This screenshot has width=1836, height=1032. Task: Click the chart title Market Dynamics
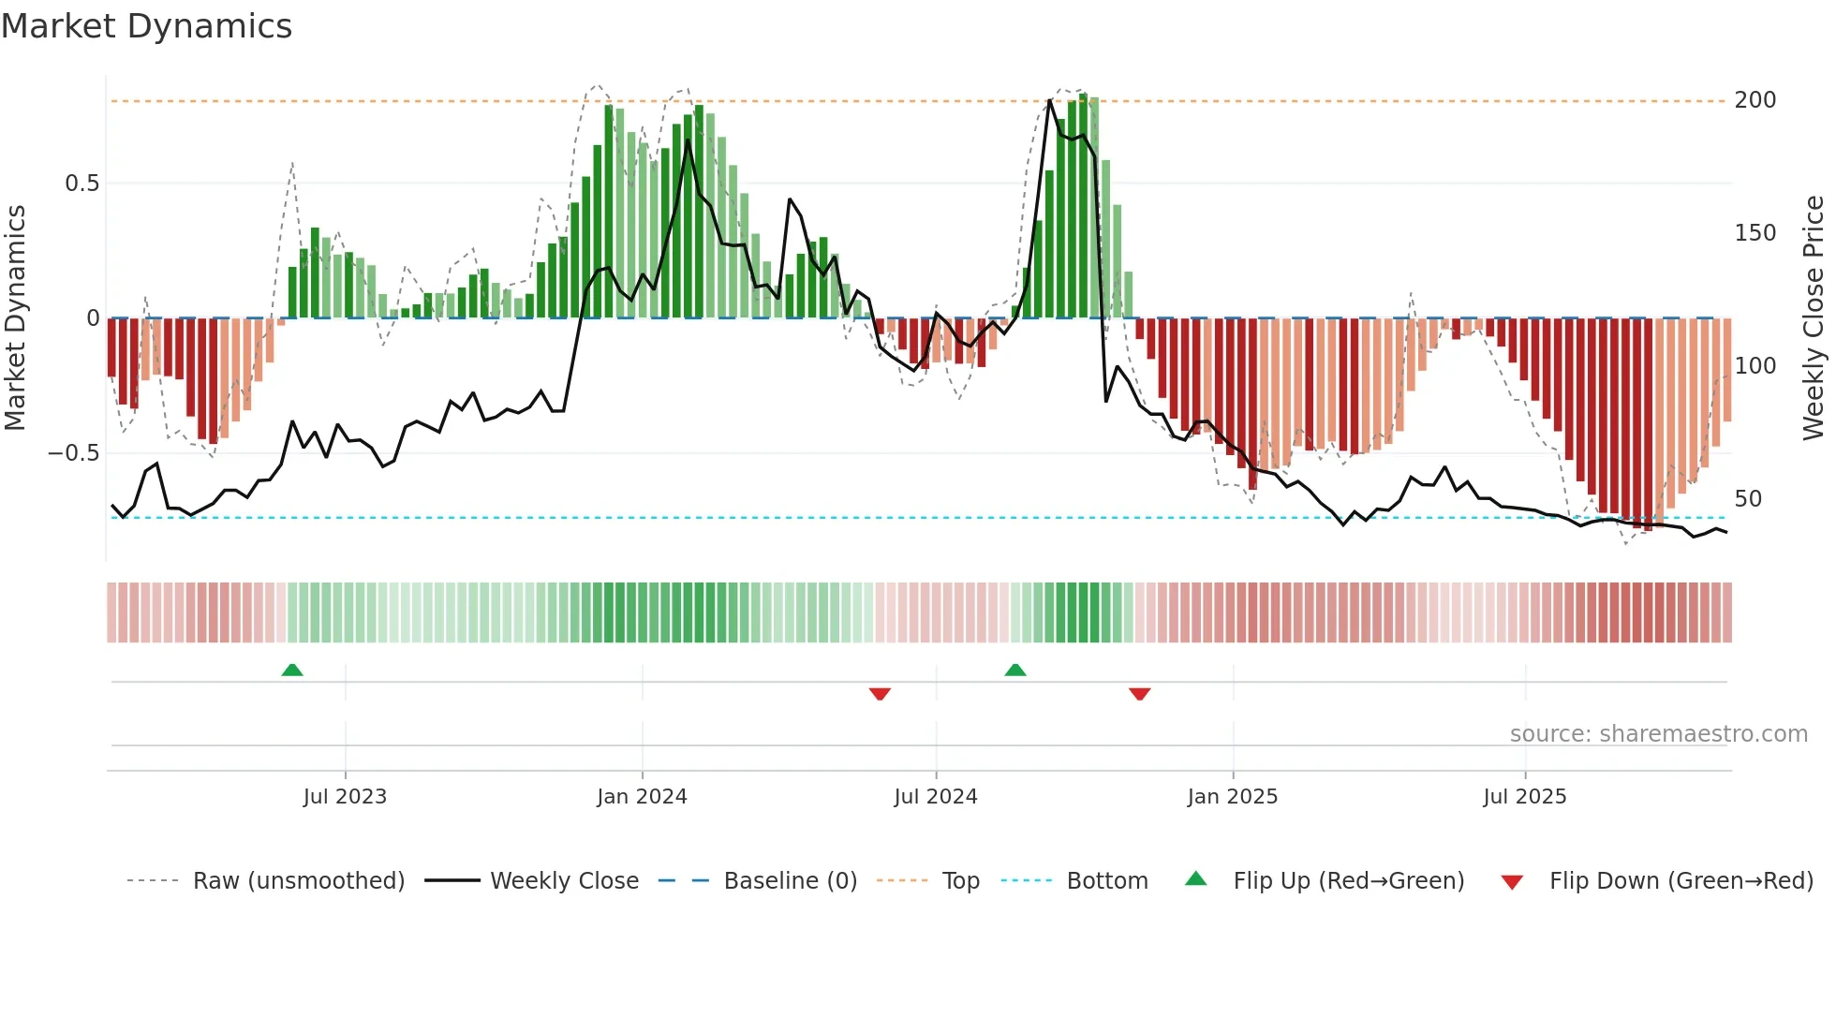[x=146, y=26]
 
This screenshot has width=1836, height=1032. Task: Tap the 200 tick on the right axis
[x=1755, y=100]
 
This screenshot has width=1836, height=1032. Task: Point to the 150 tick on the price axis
[x=1755, y=233]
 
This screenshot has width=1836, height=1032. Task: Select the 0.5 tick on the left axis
[x=81, y=184]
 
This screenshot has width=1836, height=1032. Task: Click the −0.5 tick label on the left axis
[x=74, y=453]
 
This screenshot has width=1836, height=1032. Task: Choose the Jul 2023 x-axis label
[x=345, y=797]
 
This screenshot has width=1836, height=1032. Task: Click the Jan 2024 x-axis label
[x=642, y=797]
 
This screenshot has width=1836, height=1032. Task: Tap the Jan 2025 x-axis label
[x=1232, y=797]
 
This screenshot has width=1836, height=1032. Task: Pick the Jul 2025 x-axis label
[x=1524, y=797]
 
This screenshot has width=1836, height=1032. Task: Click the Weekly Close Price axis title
[x=1814, y=318]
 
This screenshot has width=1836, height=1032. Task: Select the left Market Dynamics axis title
[x=15, y=318]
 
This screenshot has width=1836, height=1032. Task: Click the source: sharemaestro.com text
[x=1658, y=734]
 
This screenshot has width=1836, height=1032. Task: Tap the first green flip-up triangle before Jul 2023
[x=292, y=670]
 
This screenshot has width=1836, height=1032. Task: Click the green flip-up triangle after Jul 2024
[x=1015, y=670]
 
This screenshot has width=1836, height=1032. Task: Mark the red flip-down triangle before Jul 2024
[x=880, y=694]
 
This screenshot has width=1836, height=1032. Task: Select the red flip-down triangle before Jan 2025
[x=1139, y=694]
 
